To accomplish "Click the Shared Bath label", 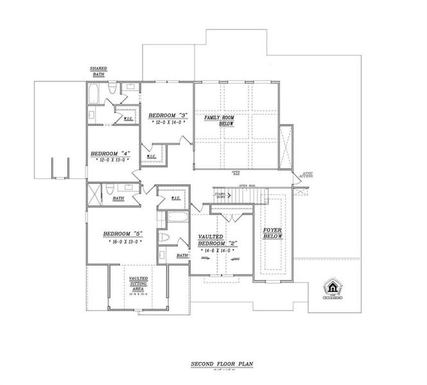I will (x=98, y=71).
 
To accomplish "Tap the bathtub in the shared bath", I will (x=93, y=96).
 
